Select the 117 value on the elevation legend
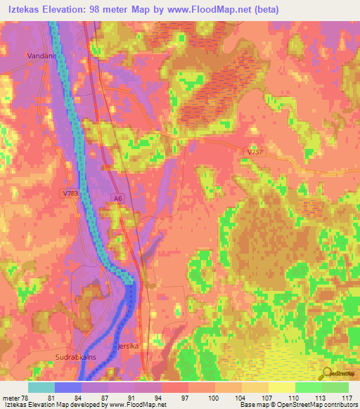(345, 398)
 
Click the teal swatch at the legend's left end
(41, 387)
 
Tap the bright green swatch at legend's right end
(335, 387)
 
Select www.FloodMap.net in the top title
(213, 10)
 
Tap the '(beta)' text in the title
(266, 10)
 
